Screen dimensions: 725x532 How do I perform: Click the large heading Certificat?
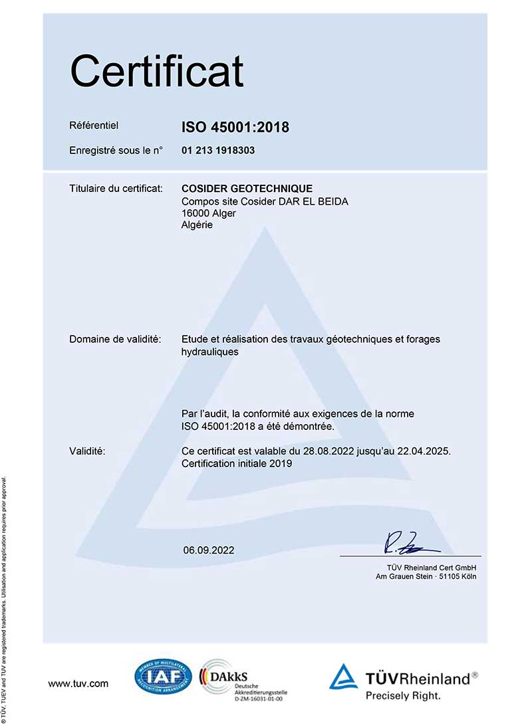click(x=157, y=72)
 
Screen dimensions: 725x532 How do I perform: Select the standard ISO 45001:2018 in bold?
click(x=235, y=127)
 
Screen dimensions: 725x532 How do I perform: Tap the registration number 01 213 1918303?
click(x=218, y=150)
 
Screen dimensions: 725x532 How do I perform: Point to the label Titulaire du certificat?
click(x=116, y=189)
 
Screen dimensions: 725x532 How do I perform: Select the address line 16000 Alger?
click(x=208, y=213)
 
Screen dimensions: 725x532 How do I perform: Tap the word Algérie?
click(x=197, y=225)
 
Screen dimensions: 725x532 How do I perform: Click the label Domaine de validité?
click(x=115, y=340)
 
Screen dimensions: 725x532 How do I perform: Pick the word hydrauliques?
click(x=209, y=352)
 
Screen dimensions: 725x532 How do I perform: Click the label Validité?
click(x=88, y=451)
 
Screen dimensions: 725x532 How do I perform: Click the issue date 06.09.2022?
click(x=209, y=550)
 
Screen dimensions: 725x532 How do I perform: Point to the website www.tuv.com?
click(x=78, y=683)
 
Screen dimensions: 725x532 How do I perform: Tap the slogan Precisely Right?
click(x=403, y=696)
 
